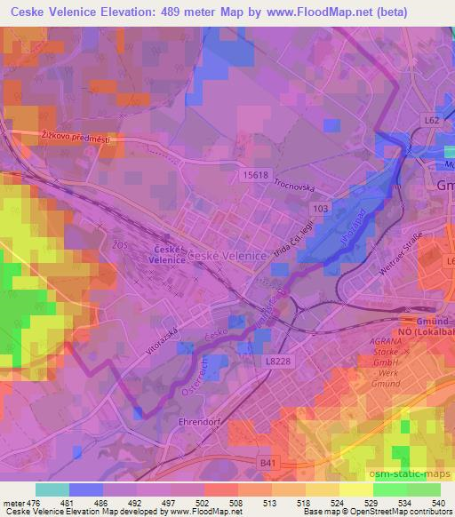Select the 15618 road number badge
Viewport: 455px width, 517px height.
click(x=254, y=176)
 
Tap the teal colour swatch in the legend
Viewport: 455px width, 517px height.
click(x=52, y=489)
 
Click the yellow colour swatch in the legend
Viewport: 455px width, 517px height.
click(x=356, y=489)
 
